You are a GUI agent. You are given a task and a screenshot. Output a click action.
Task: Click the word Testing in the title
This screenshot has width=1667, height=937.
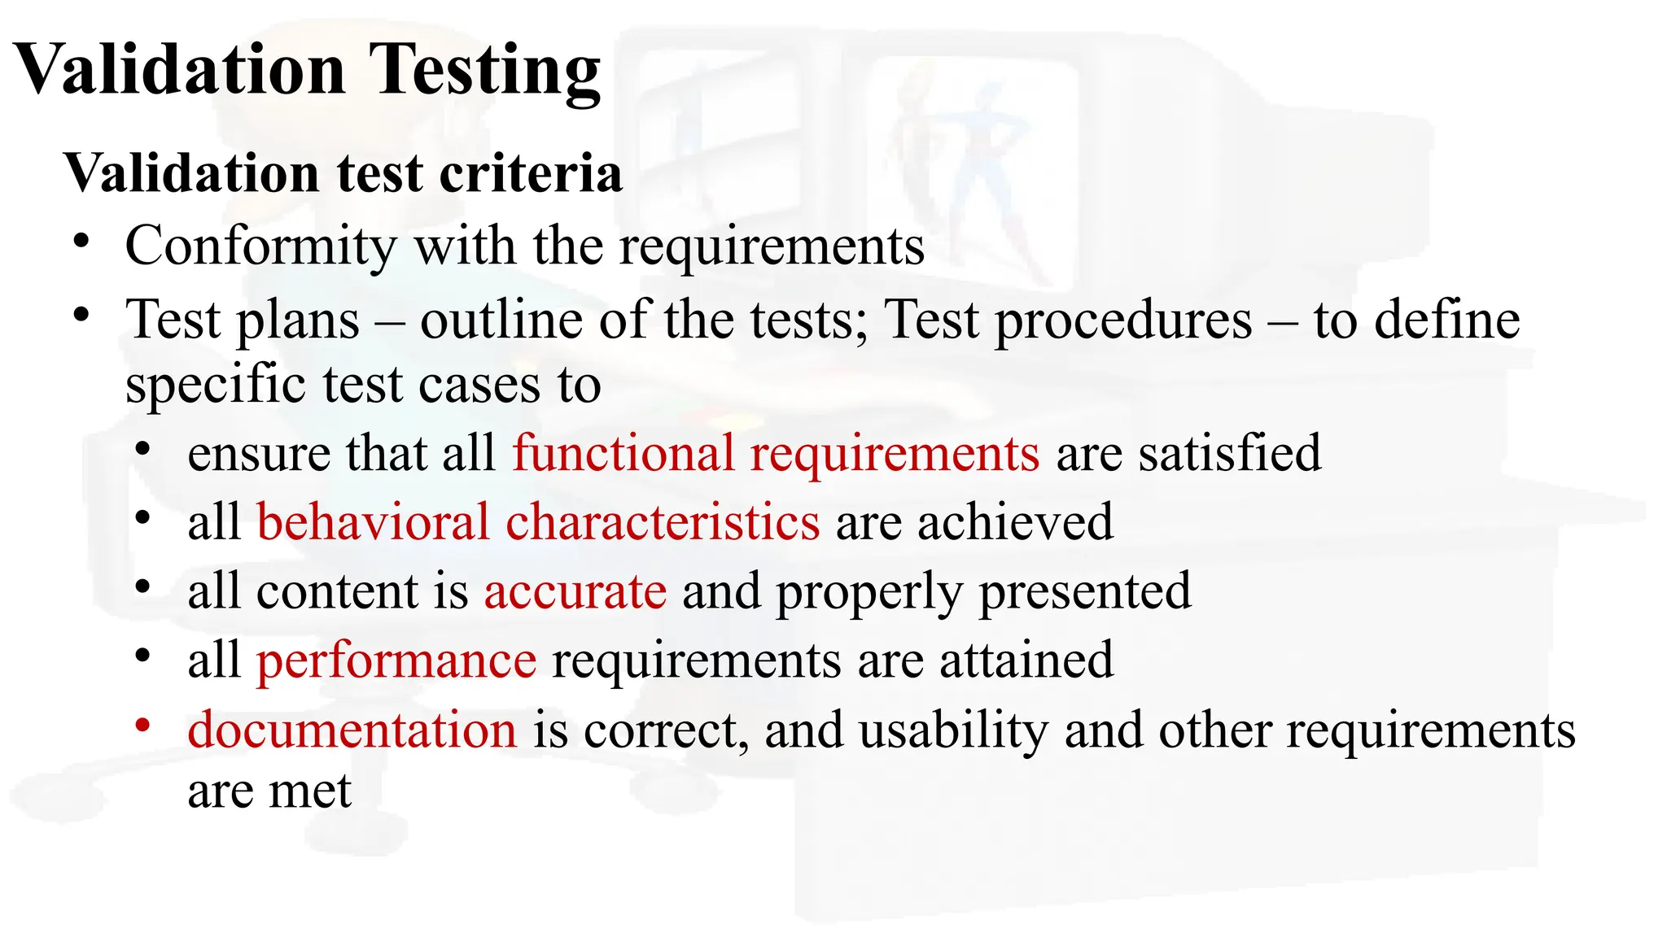(x=484, y=72)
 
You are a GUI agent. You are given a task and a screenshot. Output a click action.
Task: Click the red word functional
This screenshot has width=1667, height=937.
(x=623, y=453)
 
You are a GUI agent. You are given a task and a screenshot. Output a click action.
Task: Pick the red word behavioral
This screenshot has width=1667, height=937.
(x=374, y=521)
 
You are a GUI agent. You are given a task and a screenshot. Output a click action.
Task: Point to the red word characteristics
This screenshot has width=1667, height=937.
(x=663, y=521)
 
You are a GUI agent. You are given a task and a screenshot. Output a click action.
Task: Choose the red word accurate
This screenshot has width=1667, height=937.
(x=575, y=591)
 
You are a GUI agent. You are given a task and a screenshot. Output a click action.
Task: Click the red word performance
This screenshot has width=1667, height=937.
(x=396, y=660)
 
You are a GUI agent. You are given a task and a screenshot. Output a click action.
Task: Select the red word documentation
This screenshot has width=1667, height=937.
(x=352, y=729)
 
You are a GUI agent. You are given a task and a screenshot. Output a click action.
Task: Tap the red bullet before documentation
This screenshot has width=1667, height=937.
(x=143, y=724)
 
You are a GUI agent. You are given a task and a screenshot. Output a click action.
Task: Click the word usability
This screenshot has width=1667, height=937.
(x=953, y=729)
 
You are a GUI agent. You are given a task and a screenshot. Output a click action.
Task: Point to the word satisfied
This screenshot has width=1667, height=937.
(x=1230, y=453)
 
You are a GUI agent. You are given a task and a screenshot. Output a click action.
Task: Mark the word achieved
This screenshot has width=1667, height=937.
(x=1015, y=521)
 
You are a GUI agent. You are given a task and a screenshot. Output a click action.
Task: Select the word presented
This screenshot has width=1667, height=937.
(x=1085, y=591)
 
